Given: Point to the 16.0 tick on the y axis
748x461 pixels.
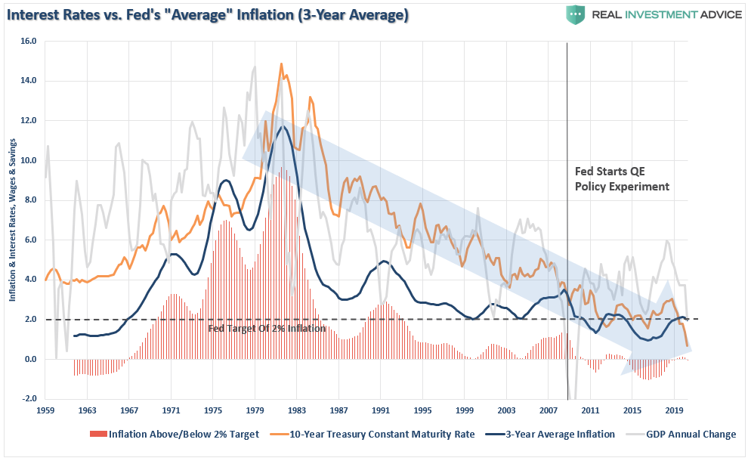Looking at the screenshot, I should pos(28,42).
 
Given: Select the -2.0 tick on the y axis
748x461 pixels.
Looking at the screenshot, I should pos(28,399).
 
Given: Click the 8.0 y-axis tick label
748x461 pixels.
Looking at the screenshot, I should pos(28,200).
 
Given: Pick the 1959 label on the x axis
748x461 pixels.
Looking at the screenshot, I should pos(45,411).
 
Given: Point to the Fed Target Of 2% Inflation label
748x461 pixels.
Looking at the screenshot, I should pos(267,329).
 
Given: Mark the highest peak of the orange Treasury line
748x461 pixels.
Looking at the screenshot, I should pos(281,64).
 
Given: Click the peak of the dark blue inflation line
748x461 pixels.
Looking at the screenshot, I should pos(283,126).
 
